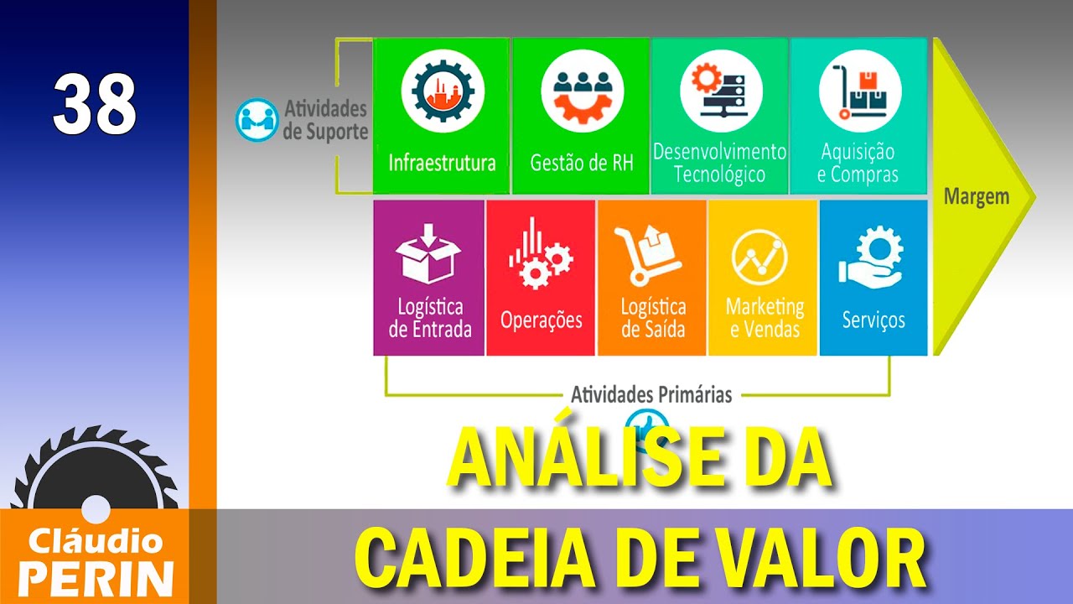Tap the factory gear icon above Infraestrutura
pos(438,92)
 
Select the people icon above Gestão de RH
pos(582,92)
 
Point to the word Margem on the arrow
pos(976,197)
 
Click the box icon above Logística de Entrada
pos(428,253)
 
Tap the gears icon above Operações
pos(540,255)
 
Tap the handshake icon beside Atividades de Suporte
pos(256,120)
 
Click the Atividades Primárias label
pos(651,394)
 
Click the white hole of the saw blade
pos(96,508)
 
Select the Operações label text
pos(541,320)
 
